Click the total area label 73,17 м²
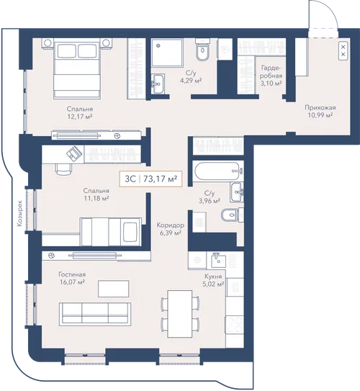point(161,179)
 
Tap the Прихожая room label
point(320,107)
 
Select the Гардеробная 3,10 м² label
point(271,76)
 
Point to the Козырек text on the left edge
point(19,213)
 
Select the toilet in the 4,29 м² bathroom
point(202,50)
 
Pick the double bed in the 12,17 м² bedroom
point(77,68)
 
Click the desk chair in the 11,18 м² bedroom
point(63,169)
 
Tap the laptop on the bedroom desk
point(74,153)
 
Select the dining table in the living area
point(179,314)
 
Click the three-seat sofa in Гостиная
point(95,314)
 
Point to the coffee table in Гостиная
point(114,289)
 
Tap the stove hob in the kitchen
point(235,324)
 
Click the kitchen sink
point(219,260)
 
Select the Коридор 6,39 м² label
point(171,229)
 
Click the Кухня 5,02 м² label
point(214,280)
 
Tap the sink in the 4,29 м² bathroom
point(158,84)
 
